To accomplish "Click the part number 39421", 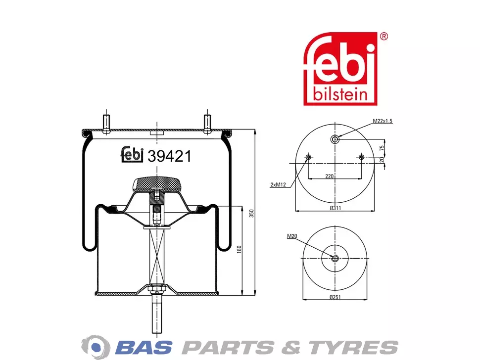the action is pos(169,156).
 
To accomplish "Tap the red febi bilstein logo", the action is pos(340,69).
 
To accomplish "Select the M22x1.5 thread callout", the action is pos(383,121).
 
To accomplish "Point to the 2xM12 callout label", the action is pos(278,185).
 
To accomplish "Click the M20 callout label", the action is pos(292,236).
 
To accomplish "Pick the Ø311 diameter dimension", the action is pos(335,208).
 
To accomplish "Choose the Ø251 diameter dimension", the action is pos(335,297).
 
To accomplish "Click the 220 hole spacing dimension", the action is pos(330,176).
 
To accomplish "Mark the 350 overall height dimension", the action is pos(252,213).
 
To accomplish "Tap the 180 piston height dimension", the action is pos(240,249).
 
